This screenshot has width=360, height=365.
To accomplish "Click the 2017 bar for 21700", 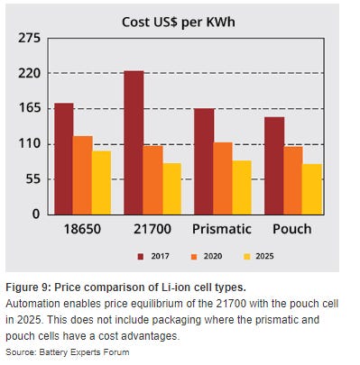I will pyautogui.click(x=134, y=142).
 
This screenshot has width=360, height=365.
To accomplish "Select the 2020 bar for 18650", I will pyautogui.click(x=83, y=175).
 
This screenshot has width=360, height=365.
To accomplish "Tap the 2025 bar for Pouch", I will pyautogui.click(x=311, y=188).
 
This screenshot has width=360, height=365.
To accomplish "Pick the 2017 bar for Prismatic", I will pyautogui.click(x=204, y=161).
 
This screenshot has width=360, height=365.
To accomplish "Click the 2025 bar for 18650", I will pyautogui.click(x=102, y=182).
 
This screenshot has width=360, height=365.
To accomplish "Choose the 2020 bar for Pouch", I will pyautogui.click(x=292, y=179).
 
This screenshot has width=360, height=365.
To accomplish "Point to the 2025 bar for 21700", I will pyautogui.click(x=171, y=188).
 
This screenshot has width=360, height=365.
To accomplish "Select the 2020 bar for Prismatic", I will pyautogui.click(x=223, y=178).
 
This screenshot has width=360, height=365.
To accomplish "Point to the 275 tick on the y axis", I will pyautogui.click(x=29, y=39).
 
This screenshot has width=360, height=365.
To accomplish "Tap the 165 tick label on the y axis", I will pyautogui.click(x=29, y=108).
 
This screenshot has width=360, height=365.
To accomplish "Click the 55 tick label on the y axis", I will pyautogui.click(x=33, y=178).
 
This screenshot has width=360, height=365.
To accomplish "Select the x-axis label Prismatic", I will pyautogui.click(x=222, y=229).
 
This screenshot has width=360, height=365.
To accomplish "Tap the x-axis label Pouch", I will pyautogui.click(x=291, y=229).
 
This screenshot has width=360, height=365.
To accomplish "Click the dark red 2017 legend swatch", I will pyautogui.click(x=141, y=256).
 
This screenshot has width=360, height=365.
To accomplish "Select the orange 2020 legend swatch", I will pyautogui.click(x=193, y=256).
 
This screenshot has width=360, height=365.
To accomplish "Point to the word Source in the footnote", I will pyautogui.click(x=20, y=351).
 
